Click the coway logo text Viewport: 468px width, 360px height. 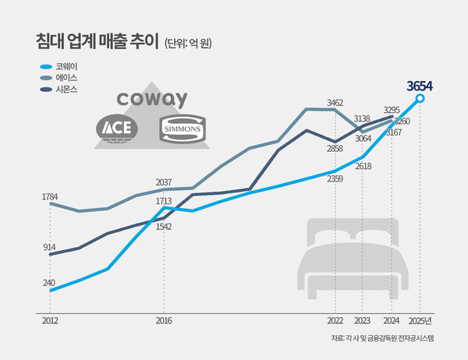tap(151, 101)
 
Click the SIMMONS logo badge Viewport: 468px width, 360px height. tap(181, 129)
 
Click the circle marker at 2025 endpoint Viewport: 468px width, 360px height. tap(421, 99)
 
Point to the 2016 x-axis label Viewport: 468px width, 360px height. tap(163, 320)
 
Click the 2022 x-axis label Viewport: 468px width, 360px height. tap(335, 320)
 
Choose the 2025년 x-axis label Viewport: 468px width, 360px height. tap(422, 320)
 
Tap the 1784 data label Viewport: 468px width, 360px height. tap(50, 196)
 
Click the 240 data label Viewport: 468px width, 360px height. tap(49, 282)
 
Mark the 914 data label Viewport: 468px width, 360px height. tap(48, 246)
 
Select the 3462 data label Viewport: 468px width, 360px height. tap(335, 102)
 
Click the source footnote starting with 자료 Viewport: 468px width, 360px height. tap(381, 338)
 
